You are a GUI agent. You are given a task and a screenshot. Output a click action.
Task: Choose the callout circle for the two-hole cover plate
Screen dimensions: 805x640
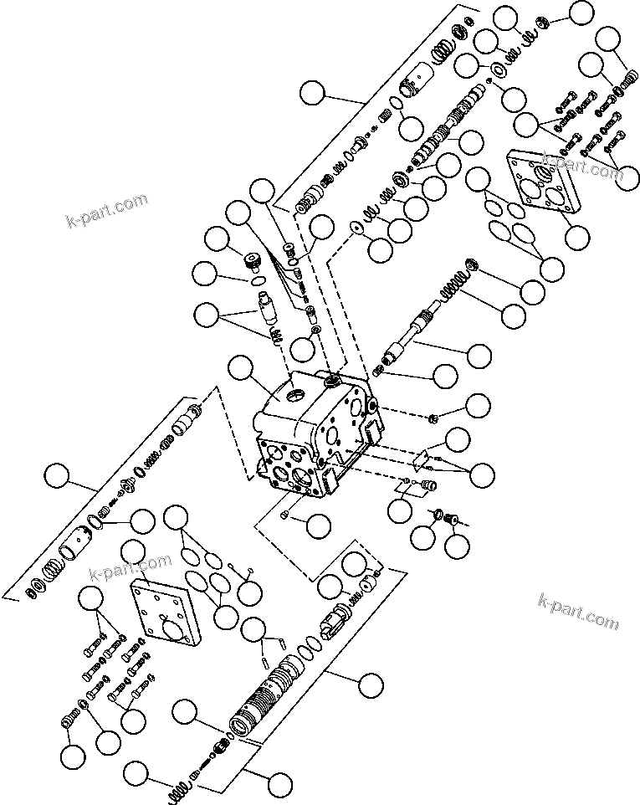pos(575,237)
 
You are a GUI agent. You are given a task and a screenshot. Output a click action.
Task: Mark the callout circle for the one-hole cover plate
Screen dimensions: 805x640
pos(134,553)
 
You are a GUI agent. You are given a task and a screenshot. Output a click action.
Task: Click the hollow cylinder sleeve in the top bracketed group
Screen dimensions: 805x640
pos(413,90)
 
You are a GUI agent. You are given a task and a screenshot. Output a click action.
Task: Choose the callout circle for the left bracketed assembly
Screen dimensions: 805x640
pos(58,477)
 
